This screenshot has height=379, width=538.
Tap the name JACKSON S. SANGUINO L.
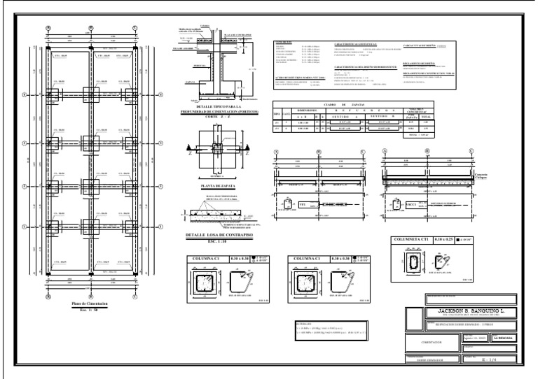click(462, 310)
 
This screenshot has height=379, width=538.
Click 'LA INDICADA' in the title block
click(504, 337)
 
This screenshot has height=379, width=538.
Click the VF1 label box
click(303, 203)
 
